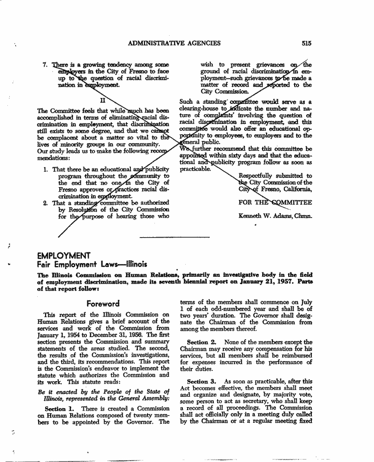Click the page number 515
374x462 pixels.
point(307,43)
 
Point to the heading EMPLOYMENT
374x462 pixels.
point(64,255)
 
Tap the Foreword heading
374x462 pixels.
point(103,304)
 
